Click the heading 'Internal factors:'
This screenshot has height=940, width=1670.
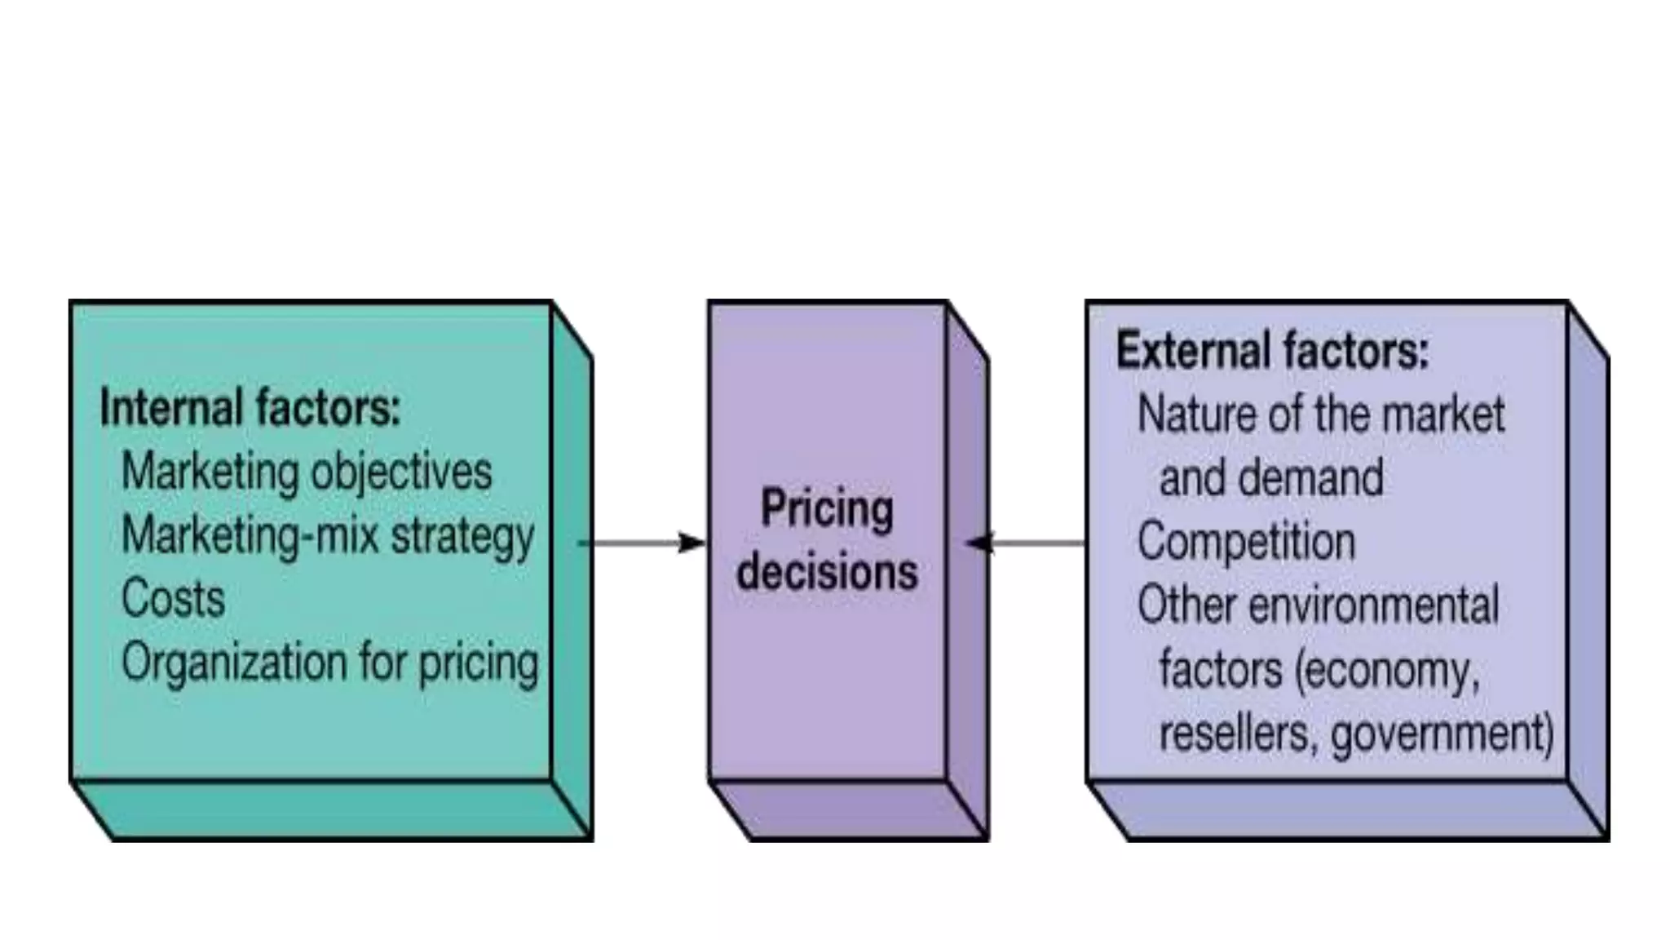[250, 408]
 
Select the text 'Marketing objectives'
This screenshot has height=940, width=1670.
[307, 472]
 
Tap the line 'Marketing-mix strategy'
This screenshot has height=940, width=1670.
[328, 536]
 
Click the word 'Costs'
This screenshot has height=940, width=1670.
[173, 598]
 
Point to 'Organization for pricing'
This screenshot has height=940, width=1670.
[330, 662]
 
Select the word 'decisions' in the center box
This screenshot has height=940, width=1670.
[827, 571]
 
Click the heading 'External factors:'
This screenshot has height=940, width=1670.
[1272, 351]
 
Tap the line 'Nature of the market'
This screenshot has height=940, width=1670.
[1321, 415]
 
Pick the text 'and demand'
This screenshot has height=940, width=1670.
[1271, 478]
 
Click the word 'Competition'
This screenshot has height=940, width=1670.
[1246, 542]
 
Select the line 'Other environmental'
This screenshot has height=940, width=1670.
[1318, 605]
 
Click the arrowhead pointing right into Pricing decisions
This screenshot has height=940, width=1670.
[691, 543]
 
